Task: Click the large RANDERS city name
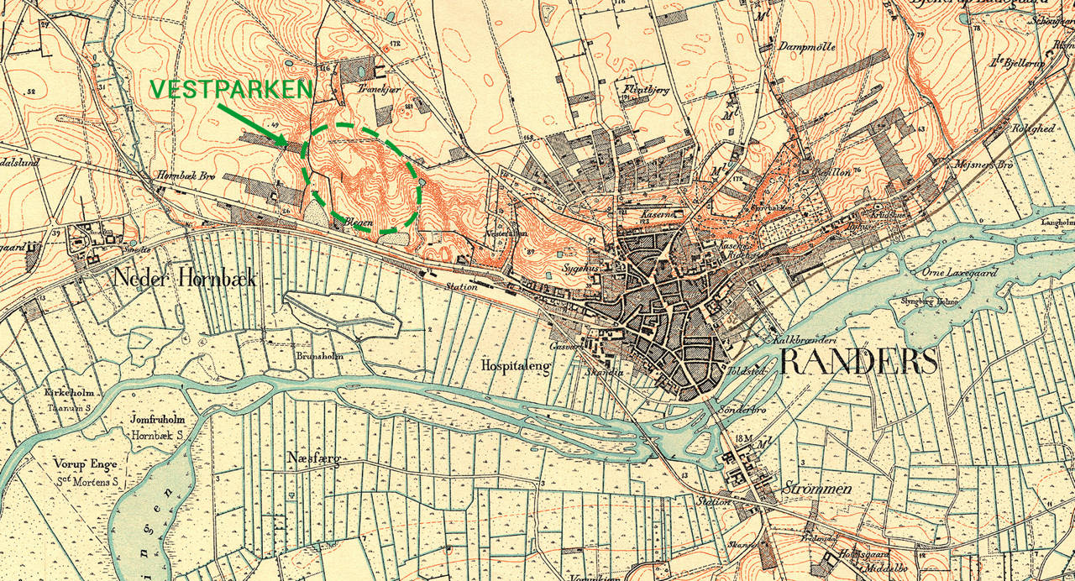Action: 858,362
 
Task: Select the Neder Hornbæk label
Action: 185,279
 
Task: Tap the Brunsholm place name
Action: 316,355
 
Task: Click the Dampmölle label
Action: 807,47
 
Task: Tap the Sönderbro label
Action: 741,409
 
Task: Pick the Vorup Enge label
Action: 87,463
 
